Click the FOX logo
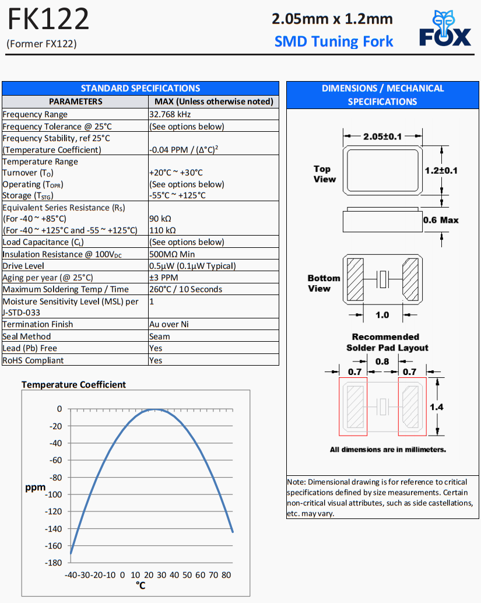point(445,31)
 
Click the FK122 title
point(48,19)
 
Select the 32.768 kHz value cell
point(170,114)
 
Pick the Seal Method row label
point(27,336)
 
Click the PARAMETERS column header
point(75,101)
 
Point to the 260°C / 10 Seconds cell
point(186,289)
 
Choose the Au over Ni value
point(169,324)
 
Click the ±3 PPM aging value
point(164,278)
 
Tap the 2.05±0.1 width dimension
point(382,136)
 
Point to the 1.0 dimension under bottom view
point(382,315)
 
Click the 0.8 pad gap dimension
point(382,362)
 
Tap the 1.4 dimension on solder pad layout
point(437,407)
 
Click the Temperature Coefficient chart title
point(73,385)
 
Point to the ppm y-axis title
point(35,487)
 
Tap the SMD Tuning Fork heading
point(333,41)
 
